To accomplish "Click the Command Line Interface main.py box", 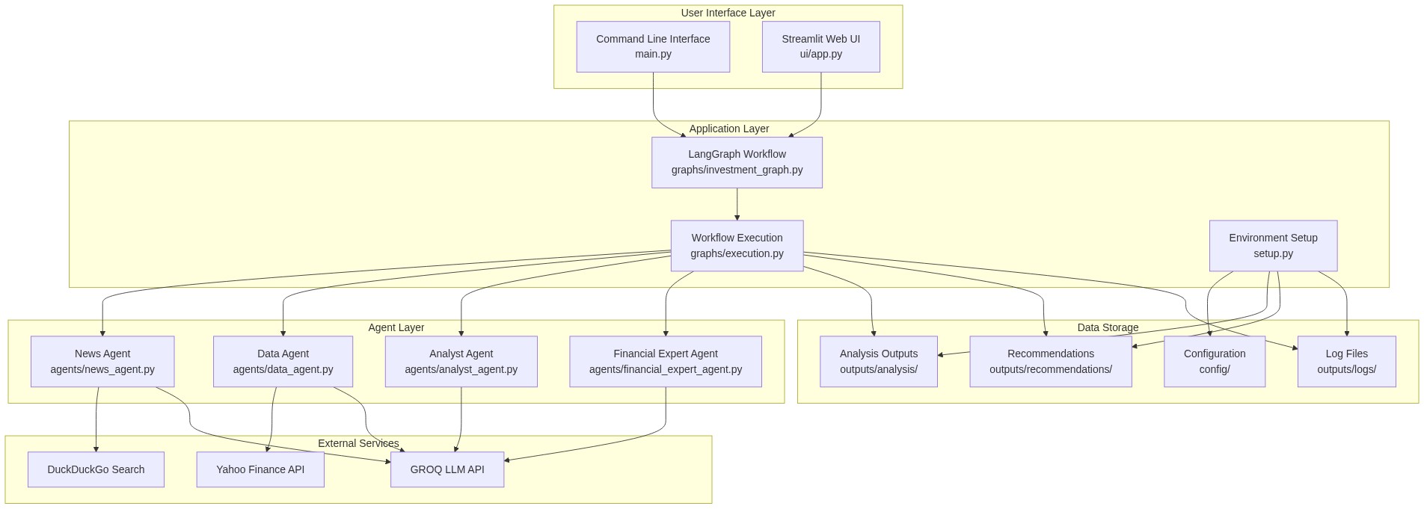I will tap(653, 46).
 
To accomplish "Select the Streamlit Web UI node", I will tap(820, 46).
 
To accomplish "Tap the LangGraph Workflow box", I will tap(737, 162).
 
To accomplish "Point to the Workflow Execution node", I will tap(737, 245).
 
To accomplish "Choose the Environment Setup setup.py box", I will tap(1273, 245).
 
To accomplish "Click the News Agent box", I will tap(102, 361).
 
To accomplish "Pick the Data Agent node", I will tap(283, 361).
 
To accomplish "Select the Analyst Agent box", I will tap(461, 361).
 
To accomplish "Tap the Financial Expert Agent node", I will tap(665, 361).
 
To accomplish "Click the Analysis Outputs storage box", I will tap(878, 361).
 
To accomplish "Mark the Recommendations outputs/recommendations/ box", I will tap(1050, 361).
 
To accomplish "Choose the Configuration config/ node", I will tap(1214, 361).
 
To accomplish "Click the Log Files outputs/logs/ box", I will tap(1346, 361).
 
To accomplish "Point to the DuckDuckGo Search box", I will tap(96, 469).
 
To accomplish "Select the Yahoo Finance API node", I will tap(260, 469).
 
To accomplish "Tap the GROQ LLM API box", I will tap(447, 469).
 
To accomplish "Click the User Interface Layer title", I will tap(728, 13).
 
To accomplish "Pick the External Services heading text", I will tap(358, 443).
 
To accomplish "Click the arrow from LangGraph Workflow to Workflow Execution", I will tap(737, 204).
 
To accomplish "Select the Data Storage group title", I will tap(1108, 327).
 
